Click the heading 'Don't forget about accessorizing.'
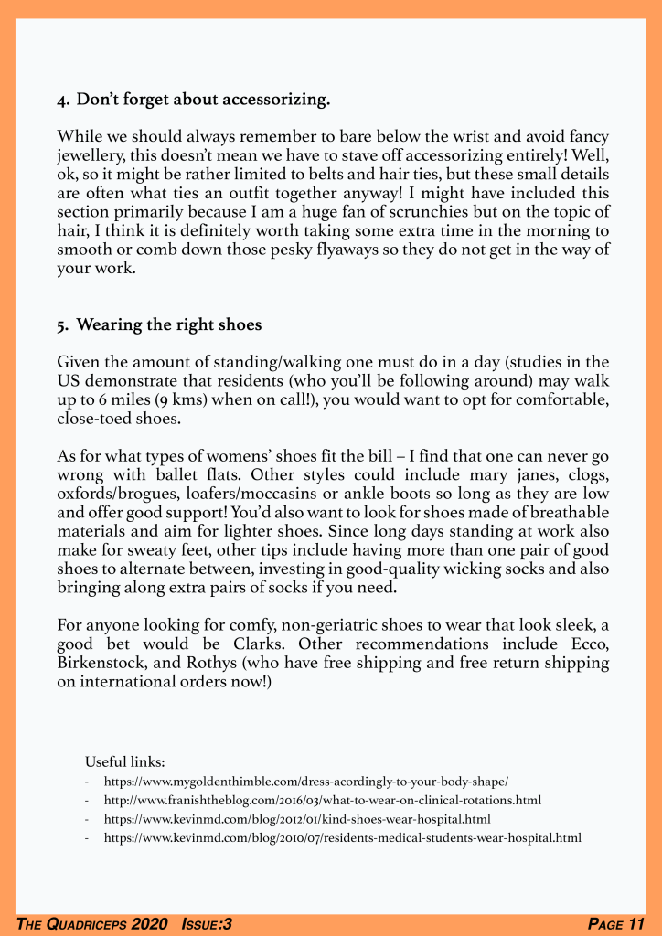click(203, 98)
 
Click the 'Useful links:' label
click(124, 761)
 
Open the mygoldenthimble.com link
click(306, 782)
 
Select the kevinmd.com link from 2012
click(297, 818)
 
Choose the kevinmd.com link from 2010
click(343, 836)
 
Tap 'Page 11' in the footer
click(616, 924)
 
